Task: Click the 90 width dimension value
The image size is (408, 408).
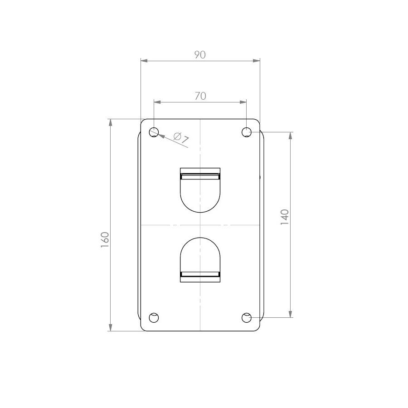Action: point(200,55)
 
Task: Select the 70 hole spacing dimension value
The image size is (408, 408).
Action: point(200,96)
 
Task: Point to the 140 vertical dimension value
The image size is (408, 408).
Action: point(285,217)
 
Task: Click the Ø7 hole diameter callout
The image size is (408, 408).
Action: point(181,138)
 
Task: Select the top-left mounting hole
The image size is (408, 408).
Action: point(154,132)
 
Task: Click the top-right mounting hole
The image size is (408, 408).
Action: point(247,132)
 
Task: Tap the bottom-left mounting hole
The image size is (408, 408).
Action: point(154,317)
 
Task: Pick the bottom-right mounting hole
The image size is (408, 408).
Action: point(247,317)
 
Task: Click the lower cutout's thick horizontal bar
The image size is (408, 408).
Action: point(200,274)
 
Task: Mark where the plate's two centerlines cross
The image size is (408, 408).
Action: point(200,225)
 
